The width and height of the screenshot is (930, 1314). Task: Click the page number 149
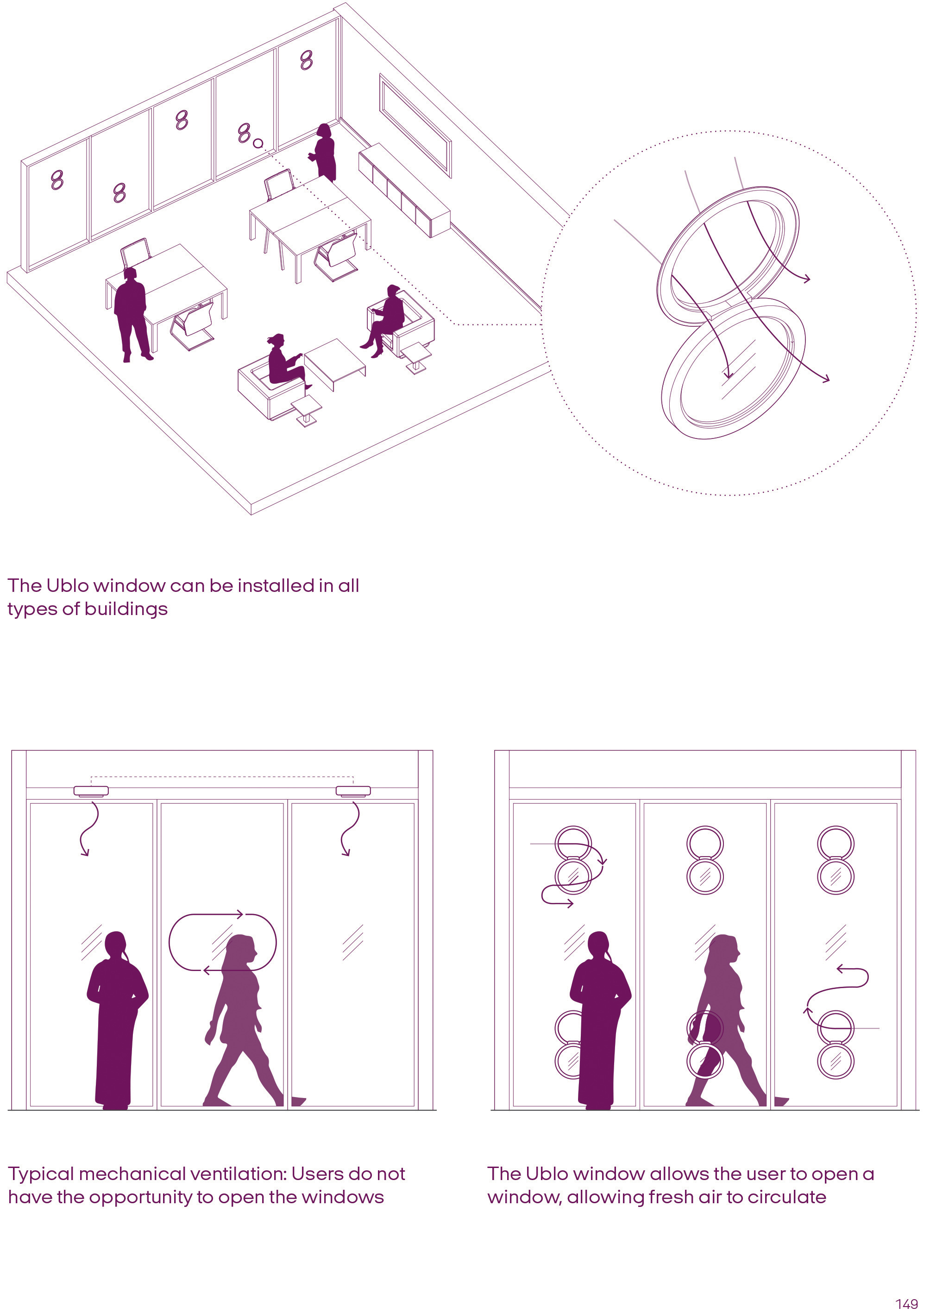coord(907,1304)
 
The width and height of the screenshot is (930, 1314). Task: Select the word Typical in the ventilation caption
coord(41,1174)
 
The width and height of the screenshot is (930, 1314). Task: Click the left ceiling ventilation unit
coord(91,791)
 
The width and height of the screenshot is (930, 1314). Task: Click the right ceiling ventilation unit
coord(353,791)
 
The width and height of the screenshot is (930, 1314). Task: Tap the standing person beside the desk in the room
coord(132,315)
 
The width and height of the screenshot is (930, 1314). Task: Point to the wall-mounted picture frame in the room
coord(415,126)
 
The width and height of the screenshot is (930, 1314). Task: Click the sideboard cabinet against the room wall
coord(404,190)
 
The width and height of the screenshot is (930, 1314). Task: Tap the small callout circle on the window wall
coord(258,143)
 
